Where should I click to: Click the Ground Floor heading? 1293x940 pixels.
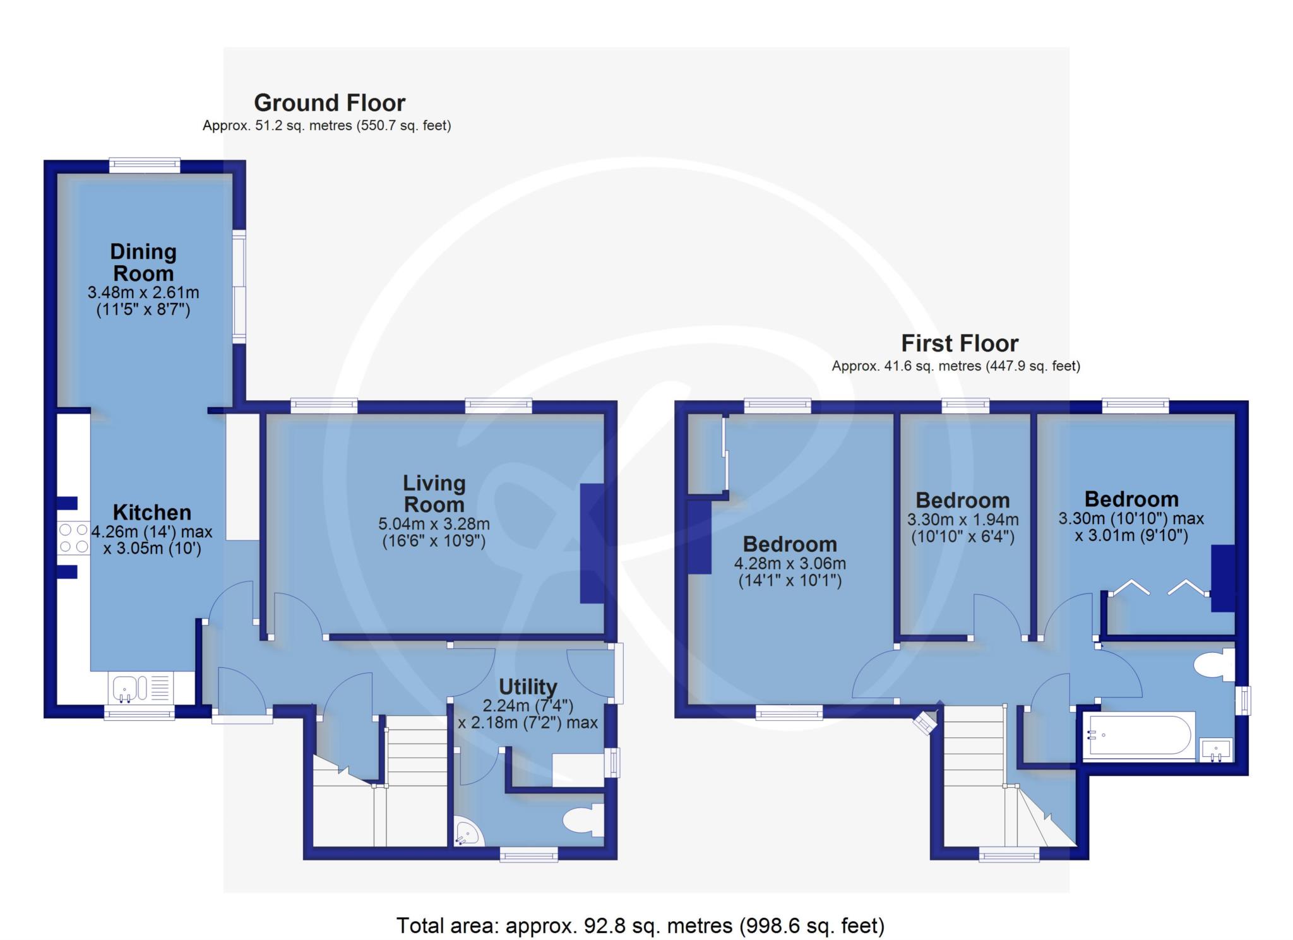(x=330, y=102)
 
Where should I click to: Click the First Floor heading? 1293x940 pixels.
(x=960, y=343)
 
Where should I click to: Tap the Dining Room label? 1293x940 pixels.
(x=143, y=262)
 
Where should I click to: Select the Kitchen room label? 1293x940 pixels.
(x=152, y=512)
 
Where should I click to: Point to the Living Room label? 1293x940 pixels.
(x=434, y=494)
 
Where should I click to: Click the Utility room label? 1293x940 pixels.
(x=528, y=686)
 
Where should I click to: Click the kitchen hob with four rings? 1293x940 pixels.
(x=74, y=538)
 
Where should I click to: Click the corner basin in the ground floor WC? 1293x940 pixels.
(x=468, y=833)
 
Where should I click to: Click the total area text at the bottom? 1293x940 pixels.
(x=640, y=925)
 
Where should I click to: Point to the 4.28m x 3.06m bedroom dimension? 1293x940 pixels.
(x=790, y=564)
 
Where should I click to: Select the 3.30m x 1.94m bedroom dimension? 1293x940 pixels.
(x=963, y=520)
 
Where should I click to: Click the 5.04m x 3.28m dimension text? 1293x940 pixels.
(x=434, y=524)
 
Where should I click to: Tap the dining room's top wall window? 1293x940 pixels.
(x=145, y=165)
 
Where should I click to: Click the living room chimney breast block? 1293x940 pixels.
(x=592, y=544)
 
